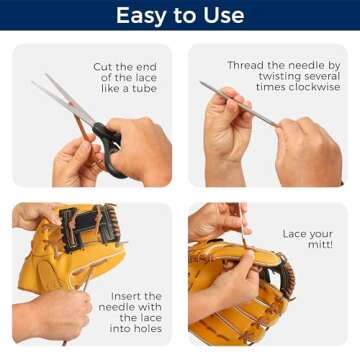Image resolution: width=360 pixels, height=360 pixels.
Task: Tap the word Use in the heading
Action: [222, 15]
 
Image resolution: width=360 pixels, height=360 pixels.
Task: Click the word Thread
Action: [248, 66]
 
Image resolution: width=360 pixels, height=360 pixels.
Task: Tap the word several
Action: [320, 77]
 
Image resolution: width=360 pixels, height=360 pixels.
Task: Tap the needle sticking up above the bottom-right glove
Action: [240, 226]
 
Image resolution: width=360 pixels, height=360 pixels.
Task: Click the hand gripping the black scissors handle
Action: [140, 150]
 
